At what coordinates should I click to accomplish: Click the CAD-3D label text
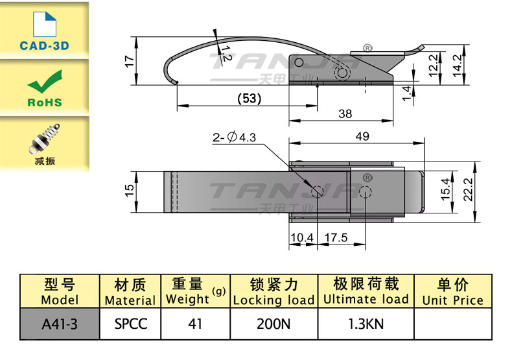coord(44,46)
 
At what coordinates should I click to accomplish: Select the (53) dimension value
coord(248,99)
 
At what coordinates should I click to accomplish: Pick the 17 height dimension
coord(129,62)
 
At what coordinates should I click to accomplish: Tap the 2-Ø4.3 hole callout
coord(235,138)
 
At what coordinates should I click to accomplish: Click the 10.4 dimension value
coord(301,238)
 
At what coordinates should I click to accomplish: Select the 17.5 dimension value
coord(335,238)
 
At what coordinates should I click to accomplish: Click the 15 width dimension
coord(129,190)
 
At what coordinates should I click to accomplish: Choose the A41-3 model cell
coord(60,323)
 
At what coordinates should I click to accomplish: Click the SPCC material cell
coord(130,323)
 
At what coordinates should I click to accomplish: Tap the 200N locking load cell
coord(273,323)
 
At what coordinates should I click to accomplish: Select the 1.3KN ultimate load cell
coord(366,323)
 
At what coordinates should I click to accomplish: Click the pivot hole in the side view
coord(342,75)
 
